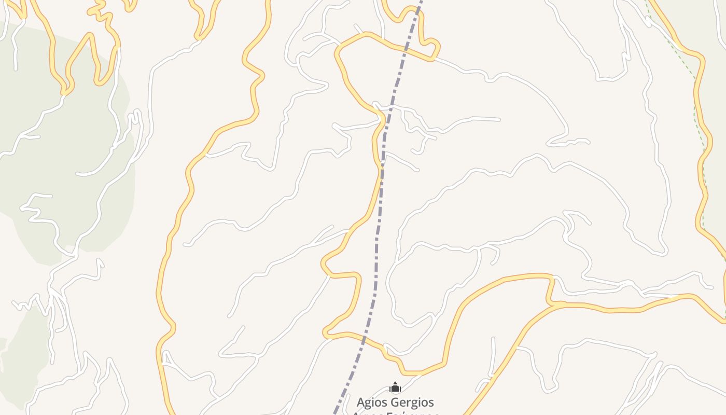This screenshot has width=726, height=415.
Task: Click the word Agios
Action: pyautogui.click(x=372, y=402)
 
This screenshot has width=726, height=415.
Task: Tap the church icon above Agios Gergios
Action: pyautogui.click(x=395, y=387)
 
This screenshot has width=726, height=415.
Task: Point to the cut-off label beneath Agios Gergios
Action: pyautogui.click(x=395, y=413)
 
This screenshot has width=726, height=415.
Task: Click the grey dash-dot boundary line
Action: pyautogui.click(x=378, y=233)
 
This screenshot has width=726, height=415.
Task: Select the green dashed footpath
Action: pyautogui.click(x=700, y=130)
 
